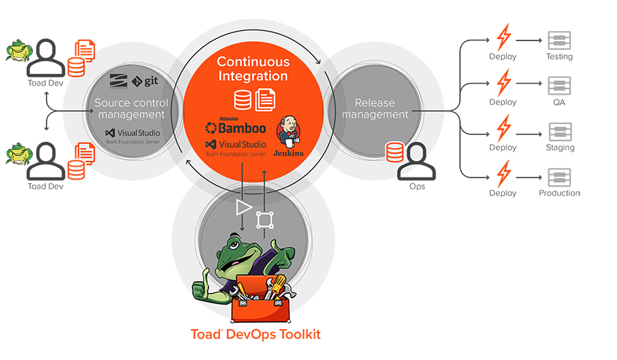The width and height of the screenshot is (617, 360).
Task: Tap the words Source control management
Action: (x=130, y=108)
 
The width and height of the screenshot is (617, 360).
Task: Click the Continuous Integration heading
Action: (x=252, y=69)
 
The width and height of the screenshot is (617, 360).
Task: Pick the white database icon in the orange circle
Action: (x=241, y=101)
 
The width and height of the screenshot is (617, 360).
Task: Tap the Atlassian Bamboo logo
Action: (x=236, y=127)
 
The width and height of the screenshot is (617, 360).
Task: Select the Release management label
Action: (x=374, y=108)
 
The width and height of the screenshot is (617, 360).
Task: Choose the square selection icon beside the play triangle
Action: (x=264, y=219)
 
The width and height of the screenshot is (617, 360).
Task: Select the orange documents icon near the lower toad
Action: (x=84, y=152)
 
